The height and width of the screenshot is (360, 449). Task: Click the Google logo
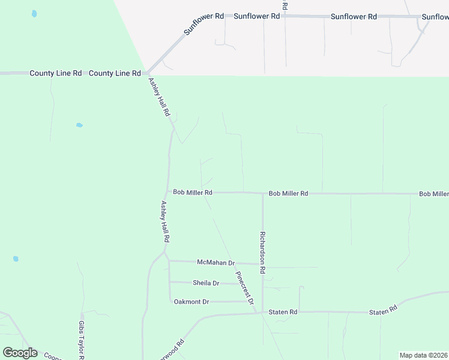tap(20, 353)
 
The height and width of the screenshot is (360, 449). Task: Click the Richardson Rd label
tap(262, 253)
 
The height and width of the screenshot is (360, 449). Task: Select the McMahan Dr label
tap(216, 263)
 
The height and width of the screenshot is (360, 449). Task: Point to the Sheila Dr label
tap(206, 283)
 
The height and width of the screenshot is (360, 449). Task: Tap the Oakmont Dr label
tap(191, 301)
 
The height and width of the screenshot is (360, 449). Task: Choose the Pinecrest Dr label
tap(245, 289)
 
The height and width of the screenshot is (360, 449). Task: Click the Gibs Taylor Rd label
tap(81, 340)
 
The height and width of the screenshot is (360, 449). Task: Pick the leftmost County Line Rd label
tap(55, 73)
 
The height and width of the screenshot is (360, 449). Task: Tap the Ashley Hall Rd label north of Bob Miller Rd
tap(160, 97)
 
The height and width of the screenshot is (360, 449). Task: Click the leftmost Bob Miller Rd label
tap(193, 193)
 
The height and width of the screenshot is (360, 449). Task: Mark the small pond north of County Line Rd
tap(34, 13)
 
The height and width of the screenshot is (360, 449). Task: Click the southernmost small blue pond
tap(16, 259)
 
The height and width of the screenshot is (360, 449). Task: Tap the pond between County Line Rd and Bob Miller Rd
tap(79, 125)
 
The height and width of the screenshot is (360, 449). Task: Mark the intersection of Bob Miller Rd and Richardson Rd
tap(262, 193)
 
